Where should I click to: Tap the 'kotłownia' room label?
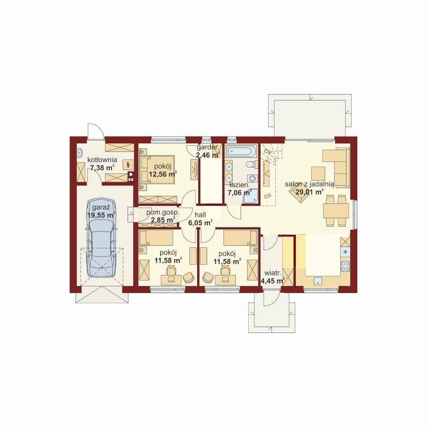(x=102, y=160)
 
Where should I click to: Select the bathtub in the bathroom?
(x=242, y=152)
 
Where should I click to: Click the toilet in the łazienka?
(x=251, y=164)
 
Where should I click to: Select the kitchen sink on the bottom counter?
(x=318, y=281)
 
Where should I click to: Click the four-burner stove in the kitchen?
(x=346, y=266)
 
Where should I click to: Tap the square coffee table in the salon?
(x=318, y=174)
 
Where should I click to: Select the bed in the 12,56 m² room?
(x=158, y=169)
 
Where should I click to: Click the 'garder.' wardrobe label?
(x=208, y=147)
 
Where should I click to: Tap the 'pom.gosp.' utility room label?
(x=163, y=213)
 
